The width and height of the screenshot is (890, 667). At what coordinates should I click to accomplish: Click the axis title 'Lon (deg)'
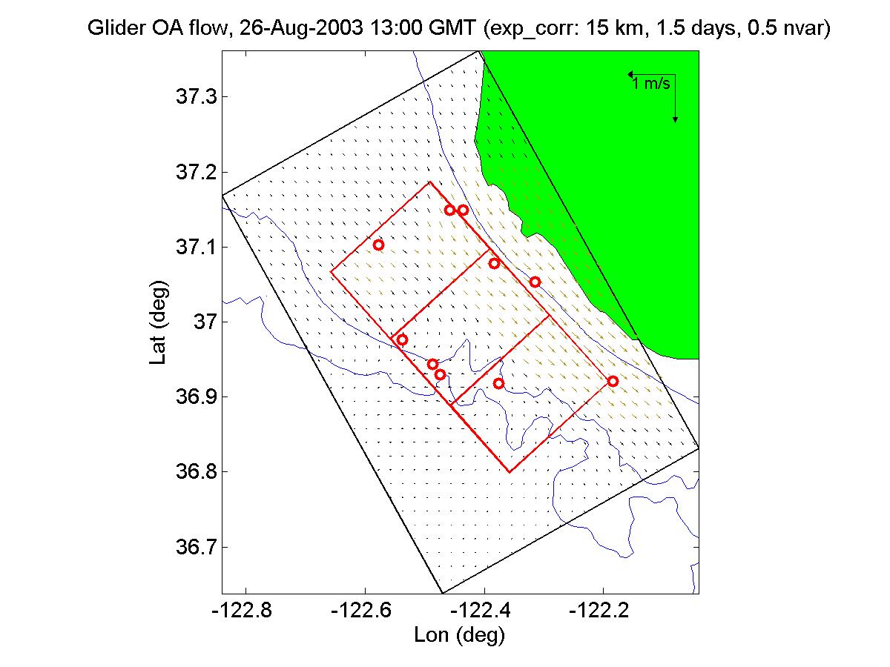click(460, 635)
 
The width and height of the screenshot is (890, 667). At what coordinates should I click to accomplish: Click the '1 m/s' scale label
click(652, 84)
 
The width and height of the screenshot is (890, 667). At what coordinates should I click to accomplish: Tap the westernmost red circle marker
click(378, 245)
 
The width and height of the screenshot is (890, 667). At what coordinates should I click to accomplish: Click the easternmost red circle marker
click(613, 381)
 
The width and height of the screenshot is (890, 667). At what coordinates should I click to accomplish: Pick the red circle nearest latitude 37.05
click(535, 282)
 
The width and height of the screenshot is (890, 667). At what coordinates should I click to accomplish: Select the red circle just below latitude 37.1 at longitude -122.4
click(494, 263)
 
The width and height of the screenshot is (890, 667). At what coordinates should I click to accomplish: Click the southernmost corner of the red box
click(510, 472)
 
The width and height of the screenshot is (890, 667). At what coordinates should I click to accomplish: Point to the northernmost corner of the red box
click(431, 182)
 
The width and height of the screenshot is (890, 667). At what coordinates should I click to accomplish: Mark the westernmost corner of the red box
click(331, 272)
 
